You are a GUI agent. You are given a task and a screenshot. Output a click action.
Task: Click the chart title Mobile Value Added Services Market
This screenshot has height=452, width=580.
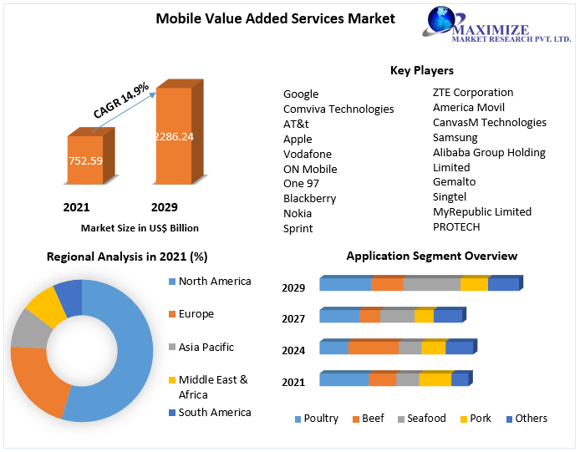pyautogui.click(x=275, y=18)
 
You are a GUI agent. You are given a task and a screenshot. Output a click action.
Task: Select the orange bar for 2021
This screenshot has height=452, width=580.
pyautogui.click(x=85, y=160)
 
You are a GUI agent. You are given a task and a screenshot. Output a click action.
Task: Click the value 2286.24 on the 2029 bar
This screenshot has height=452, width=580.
pyautogui.click(x=174, y=135)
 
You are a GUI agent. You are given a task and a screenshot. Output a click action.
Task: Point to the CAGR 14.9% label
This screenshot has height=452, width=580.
pyautogui.click(x=121, y=99)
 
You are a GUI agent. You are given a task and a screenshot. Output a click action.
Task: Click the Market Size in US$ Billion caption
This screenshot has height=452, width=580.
pyautogui.click(x=140, y=227)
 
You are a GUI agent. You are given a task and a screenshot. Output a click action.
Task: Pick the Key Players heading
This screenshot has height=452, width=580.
pyautogui.click(x=422, y=70)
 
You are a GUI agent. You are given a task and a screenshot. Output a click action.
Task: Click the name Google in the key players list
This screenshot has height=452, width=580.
pyautogui.click(x=301, y=94)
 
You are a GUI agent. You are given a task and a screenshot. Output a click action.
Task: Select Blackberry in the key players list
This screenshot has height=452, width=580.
pyautogui.click(x=309, y=198)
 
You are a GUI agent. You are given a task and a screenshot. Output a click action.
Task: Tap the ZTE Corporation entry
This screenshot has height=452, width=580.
pyautogui.click(x=473, y=92)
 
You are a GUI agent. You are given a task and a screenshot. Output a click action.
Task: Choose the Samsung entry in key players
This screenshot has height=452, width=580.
pyautogui.click(x=455, y=137)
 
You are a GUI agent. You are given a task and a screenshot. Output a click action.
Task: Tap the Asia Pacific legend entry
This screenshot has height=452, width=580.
pyautogui.click(x=206, y=347)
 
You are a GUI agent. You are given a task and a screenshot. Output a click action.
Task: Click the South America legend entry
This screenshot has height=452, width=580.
pyautogui.click(x=214, y=412)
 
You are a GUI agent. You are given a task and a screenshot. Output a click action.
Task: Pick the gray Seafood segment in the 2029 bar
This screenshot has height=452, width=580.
pyautogui.click(x=431, y=285)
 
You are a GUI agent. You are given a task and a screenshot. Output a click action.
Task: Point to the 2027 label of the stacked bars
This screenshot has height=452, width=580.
pyautogui.click(x=293, y=318)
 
